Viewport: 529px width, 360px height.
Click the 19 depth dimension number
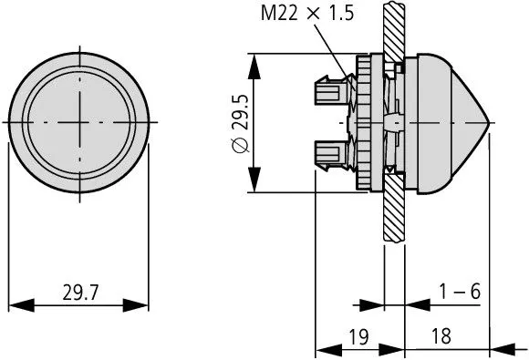coord(358,336)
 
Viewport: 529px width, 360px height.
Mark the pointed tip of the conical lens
coord(493,120)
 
